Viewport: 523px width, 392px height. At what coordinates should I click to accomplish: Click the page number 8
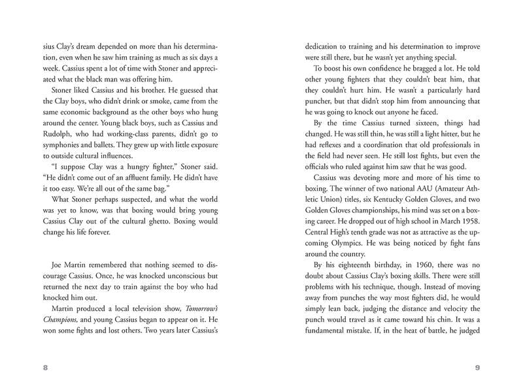pos(45,368)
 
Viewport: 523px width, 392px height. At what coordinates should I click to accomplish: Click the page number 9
pos(478,368)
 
